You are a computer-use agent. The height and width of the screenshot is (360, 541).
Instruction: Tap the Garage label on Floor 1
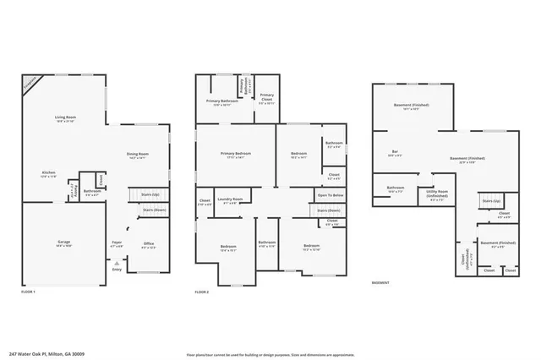[63, 242]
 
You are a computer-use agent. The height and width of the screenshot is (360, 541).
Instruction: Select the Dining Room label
[138, 154]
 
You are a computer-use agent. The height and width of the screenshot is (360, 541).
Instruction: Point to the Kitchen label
[48, 172]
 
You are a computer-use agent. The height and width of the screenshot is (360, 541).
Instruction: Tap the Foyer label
[117, 243]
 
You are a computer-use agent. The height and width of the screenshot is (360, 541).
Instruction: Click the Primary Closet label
[266, 95]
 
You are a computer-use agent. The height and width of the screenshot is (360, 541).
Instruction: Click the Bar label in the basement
[395, 152]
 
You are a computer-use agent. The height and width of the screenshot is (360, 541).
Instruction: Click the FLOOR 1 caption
[29, 292]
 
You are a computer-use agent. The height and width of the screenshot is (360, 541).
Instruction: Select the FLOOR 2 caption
[201, 292]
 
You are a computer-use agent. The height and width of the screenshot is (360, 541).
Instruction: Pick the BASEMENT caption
[380, 283]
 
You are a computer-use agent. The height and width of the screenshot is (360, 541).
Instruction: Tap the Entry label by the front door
[117, 270]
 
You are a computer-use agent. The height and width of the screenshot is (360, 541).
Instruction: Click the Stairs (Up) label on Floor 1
[150, 194]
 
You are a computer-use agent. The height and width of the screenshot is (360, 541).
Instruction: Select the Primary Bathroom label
[221, 101]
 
